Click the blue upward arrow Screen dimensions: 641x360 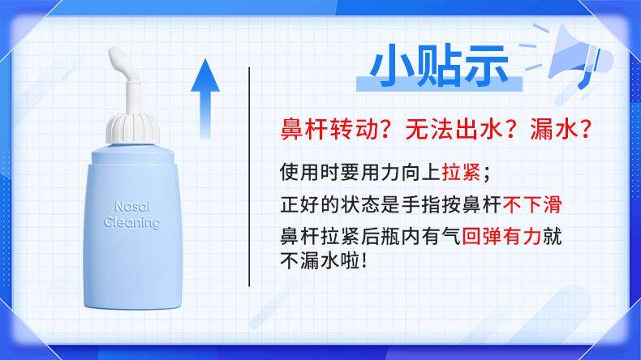point(205,99)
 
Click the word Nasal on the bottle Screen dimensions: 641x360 point(132,207)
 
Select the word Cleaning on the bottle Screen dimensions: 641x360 point(131,223)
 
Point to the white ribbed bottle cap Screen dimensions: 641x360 point(133,128)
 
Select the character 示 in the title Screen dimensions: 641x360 point(484,66)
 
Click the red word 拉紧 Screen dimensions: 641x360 point(461,172)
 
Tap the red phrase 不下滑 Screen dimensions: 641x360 point(531,204)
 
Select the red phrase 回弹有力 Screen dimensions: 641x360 point(501,236)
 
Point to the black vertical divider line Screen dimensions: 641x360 point(249,177)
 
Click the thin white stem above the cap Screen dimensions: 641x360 point(132,98)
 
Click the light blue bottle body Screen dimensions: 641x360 point(133,229)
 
